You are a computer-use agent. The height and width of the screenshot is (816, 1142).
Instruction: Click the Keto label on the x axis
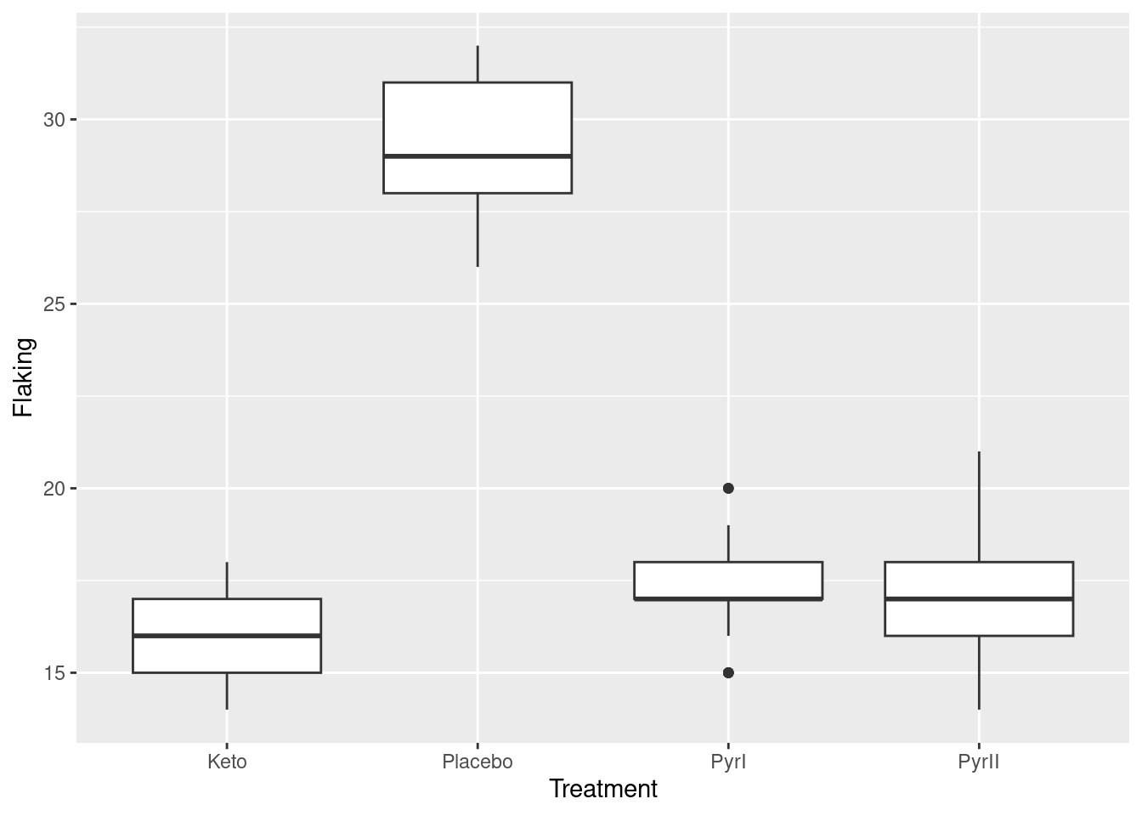pos(227,762)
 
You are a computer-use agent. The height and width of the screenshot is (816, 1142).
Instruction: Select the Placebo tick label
pos(478,762)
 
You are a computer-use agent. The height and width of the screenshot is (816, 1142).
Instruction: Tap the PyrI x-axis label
pos(728,762)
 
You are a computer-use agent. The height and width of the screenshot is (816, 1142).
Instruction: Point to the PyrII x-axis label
pos(979,762)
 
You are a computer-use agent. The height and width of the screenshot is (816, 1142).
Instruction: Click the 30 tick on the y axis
pos(54,120)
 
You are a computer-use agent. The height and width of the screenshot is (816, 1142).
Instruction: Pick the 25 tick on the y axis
pos(54,304)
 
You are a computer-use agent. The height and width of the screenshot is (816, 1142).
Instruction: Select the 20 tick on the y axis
pos(54,489)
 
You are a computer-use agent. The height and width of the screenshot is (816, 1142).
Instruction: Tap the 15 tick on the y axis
pos(54,673)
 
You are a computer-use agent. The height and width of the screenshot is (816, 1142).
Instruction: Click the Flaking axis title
pos(24,377)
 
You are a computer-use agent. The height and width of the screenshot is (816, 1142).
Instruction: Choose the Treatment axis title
pos(603,790)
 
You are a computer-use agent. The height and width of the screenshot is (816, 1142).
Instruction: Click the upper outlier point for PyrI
pos(728,488)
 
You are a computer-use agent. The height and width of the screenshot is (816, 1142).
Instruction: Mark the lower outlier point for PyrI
pos(728,672)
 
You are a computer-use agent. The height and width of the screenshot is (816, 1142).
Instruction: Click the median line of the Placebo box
pos(478,156)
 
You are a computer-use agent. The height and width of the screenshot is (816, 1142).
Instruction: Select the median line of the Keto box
pos(227,636)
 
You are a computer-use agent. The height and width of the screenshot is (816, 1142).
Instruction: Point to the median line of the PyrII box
pos(979,599)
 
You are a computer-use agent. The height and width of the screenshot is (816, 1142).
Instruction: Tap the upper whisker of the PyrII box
pos(979,507)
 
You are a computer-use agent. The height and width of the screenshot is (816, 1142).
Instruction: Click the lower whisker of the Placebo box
pos(478,229)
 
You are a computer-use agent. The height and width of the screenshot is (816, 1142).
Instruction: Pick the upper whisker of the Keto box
pos(227,581)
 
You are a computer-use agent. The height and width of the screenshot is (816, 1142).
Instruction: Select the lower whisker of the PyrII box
pos(979,672)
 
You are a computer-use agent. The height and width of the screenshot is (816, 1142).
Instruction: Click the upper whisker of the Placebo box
pos(478,64)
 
